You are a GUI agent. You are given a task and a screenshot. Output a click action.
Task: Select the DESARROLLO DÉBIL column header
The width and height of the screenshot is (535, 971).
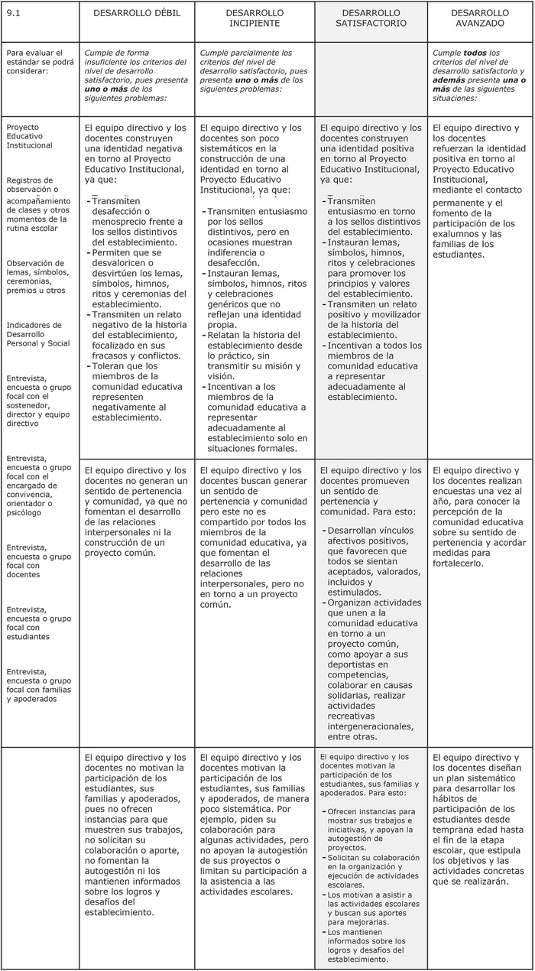pos(136,14)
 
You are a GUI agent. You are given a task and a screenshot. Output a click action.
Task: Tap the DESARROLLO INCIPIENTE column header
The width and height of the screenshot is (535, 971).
pos(255,18)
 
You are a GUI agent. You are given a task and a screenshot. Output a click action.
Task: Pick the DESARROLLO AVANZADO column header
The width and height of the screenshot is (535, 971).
pos(479,18)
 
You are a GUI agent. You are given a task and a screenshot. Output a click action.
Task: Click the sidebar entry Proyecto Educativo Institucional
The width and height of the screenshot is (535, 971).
pos(28,135)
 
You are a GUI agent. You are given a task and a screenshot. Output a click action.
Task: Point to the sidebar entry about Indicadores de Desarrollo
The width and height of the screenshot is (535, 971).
pos(38,334)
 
